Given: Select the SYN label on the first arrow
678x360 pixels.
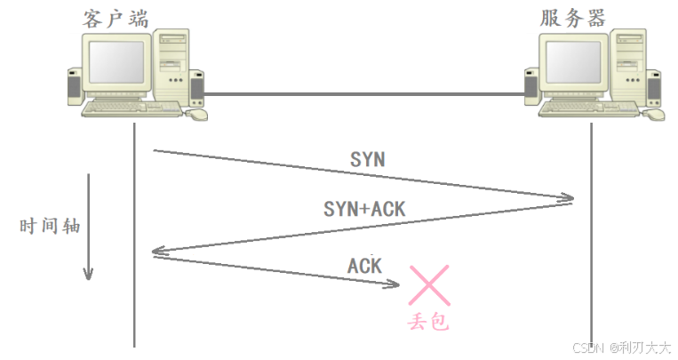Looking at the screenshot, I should point(368,160).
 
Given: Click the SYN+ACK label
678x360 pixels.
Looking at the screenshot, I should point(364,210).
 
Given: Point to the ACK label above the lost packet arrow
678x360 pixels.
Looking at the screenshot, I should point(364,264).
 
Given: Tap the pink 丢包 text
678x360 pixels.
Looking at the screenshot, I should point(429,322).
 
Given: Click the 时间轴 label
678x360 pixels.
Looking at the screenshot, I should point(50,226).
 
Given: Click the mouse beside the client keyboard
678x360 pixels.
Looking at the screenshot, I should point(197,114).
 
